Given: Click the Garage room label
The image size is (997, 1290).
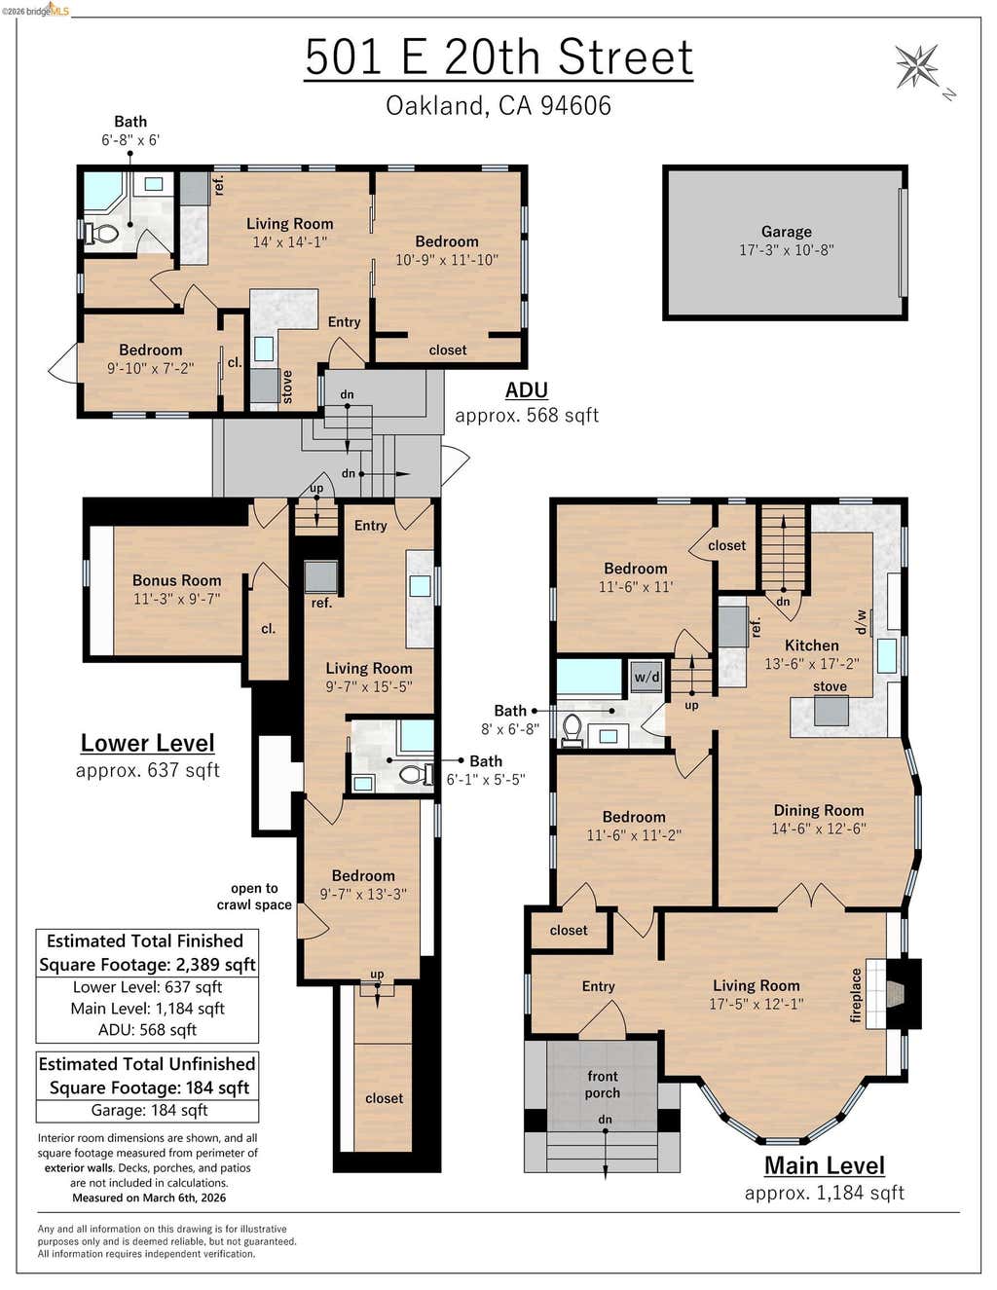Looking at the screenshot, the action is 787,232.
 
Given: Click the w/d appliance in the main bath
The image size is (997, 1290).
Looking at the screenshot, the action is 646,678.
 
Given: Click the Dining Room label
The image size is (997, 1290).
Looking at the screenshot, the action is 819,810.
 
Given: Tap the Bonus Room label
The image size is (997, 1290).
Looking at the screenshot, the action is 177,580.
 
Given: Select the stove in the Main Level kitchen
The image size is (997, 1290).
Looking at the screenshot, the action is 831,711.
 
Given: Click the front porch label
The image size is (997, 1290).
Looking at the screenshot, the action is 603,1085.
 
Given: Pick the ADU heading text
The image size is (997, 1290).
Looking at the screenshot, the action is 527,390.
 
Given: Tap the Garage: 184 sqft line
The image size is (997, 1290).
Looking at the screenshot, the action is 150,1110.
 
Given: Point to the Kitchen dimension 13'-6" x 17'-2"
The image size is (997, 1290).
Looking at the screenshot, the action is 811,663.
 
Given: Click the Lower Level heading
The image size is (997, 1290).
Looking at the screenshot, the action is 147,743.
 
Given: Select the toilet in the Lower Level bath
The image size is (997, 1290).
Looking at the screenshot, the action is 416,774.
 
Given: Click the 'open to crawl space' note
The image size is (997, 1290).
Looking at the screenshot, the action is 254,897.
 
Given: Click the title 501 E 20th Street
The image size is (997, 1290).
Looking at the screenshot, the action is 499,57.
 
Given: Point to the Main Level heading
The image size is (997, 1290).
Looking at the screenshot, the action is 825,1165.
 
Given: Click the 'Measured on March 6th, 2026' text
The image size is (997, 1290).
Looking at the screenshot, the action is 149,1198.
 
